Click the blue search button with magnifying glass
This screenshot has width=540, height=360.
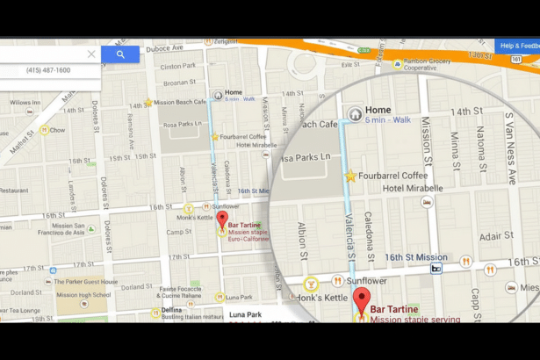tap(120, 54)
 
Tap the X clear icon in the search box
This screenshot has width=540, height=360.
tap(91, 54)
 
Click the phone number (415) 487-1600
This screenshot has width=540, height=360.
tap(48, 70)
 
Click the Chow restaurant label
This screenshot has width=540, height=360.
tap(57, 130)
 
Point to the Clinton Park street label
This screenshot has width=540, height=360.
tap(178, 66)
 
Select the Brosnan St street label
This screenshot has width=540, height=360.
tap(177, 83)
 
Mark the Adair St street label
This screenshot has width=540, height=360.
tap(496, 236)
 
